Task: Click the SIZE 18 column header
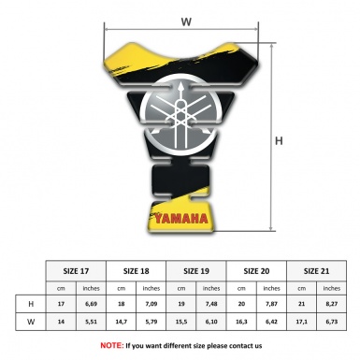(x=137, y=269)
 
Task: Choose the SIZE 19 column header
(x=197, y=269)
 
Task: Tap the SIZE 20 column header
(x=257, y=269)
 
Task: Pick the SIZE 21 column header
(x=317, y=269)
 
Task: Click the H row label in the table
(x=32, y=304)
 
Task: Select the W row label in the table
(x=32, y=322)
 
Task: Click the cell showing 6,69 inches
(x=93, y=304)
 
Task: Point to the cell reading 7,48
(x=212, y=304)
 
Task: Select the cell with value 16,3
(x=242, y=322)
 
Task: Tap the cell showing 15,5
(x=182, y=322)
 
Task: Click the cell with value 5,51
(x=93, y=322)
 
